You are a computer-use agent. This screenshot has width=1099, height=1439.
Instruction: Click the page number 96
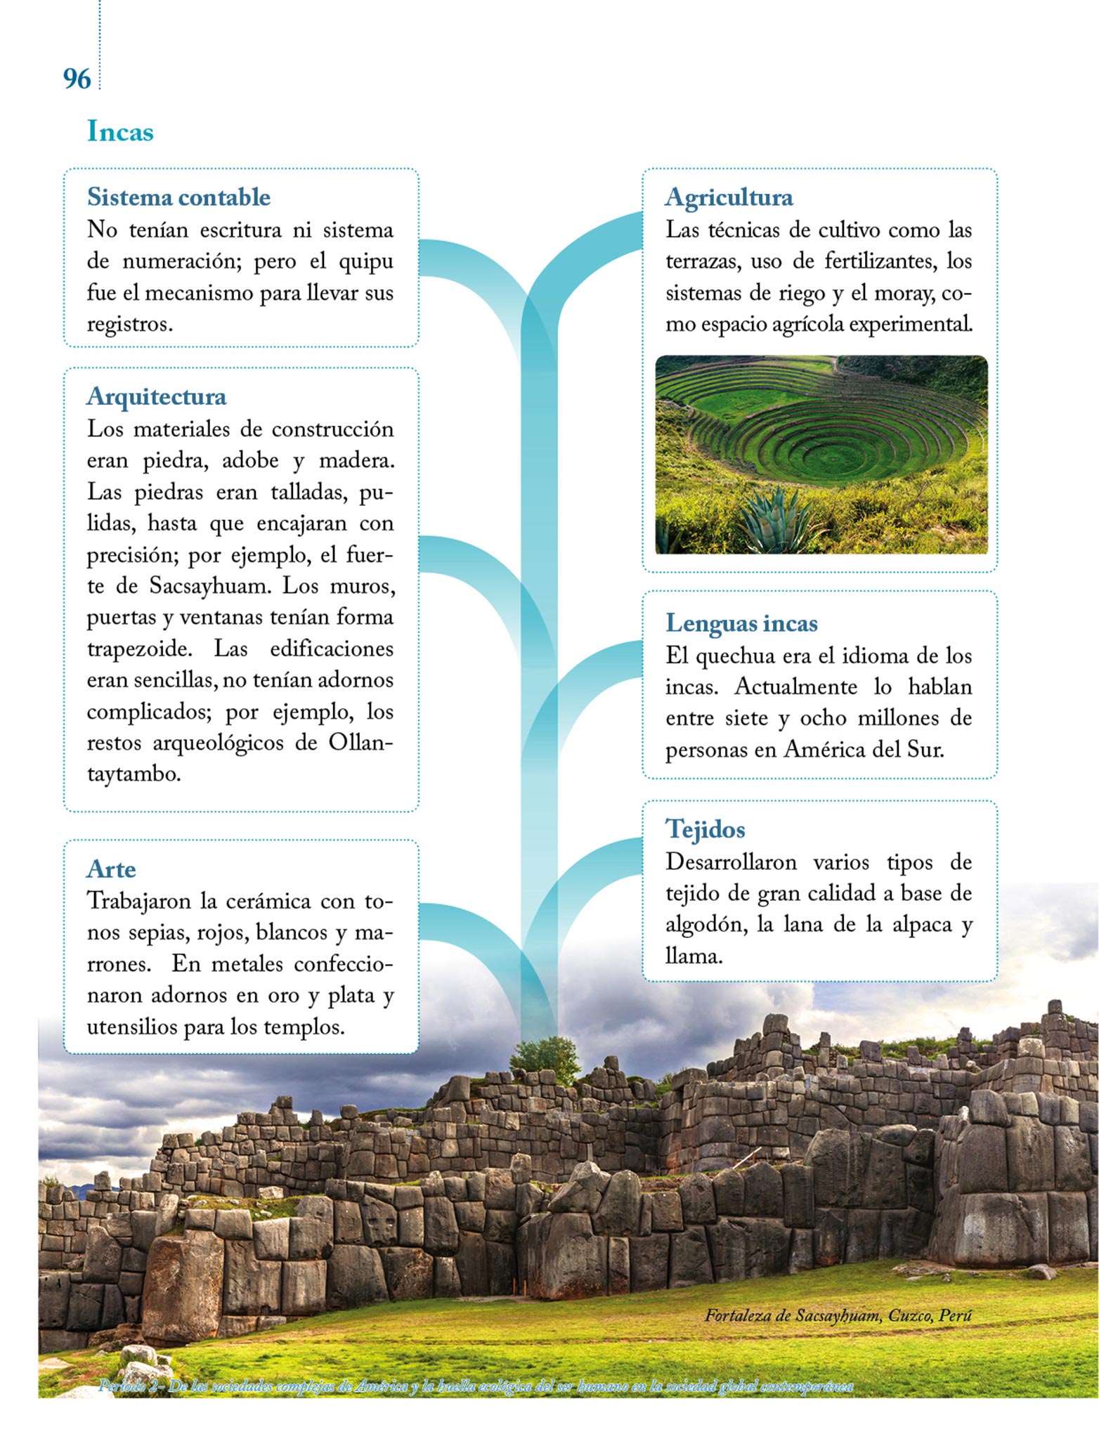[77, 79]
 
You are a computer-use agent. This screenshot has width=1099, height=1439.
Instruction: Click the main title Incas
[120, 132]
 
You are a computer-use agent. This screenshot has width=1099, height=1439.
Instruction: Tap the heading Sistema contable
[178, 197]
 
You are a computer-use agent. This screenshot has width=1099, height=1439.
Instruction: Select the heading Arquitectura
[157, 397]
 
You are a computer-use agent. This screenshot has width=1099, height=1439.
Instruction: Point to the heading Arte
[111, 869]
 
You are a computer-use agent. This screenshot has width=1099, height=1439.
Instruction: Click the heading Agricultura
[729, 197]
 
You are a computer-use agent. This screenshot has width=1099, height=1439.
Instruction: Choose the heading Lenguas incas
[741, 623]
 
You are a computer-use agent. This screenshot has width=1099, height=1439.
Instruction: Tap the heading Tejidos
[705, 829]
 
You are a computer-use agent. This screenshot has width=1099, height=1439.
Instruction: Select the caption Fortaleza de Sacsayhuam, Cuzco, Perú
[838, 1315]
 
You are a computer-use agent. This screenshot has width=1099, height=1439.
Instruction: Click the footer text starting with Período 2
[476, 1386]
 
